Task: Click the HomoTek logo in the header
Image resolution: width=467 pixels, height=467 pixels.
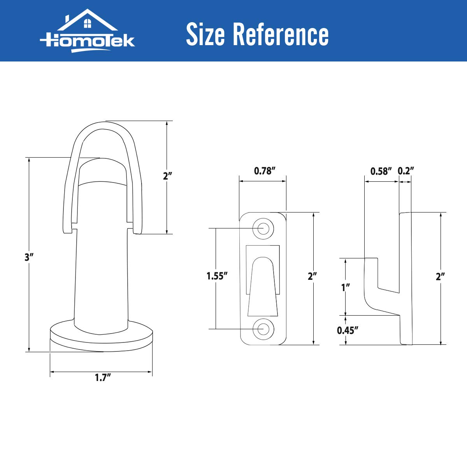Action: (x=87, y=31)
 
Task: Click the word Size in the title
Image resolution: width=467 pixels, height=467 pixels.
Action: (x=205, y=34)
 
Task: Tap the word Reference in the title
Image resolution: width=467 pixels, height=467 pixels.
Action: (x=281, y=34)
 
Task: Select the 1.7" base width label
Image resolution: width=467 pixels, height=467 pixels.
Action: (x=103, y=377)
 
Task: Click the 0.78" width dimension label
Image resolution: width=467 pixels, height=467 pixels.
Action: (x=265, y=171)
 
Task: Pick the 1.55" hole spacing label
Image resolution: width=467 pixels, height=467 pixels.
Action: (x=217, y=276)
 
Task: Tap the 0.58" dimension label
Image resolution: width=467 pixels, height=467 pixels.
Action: (x=381, y=171)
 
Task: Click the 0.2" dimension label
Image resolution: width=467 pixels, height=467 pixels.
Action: (x=406, y=171)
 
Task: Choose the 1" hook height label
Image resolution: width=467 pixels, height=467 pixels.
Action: (x=346, y=288)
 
